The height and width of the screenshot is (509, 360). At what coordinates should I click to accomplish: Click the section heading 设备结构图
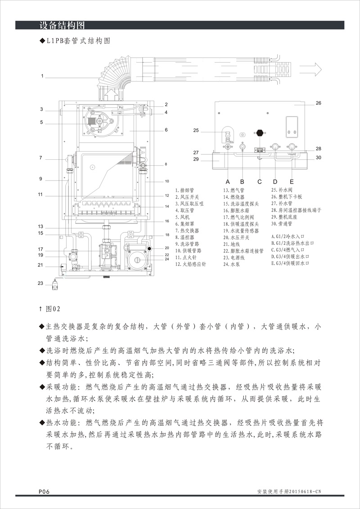click(x=62, y=25)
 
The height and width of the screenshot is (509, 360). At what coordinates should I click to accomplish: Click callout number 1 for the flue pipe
click(x=42, y=77)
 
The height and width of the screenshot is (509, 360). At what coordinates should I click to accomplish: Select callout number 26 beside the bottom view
click(x=318, y=103)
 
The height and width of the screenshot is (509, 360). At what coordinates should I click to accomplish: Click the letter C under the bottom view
click(x=259, y=181)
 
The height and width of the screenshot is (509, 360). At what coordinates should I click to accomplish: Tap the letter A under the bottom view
click(x=228, y=181)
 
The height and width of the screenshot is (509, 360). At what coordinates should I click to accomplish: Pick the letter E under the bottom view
click(x=292, y=181)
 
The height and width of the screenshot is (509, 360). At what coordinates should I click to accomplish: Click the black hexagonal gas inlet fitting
click(x=259, y=133)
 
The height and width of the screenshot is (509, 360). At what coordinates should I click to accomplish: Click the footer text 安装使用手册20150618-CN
click(x=291, y=491)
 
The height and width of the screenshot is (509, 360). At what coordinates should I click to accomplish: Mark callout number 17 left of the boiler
click(x=40, y=249)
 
